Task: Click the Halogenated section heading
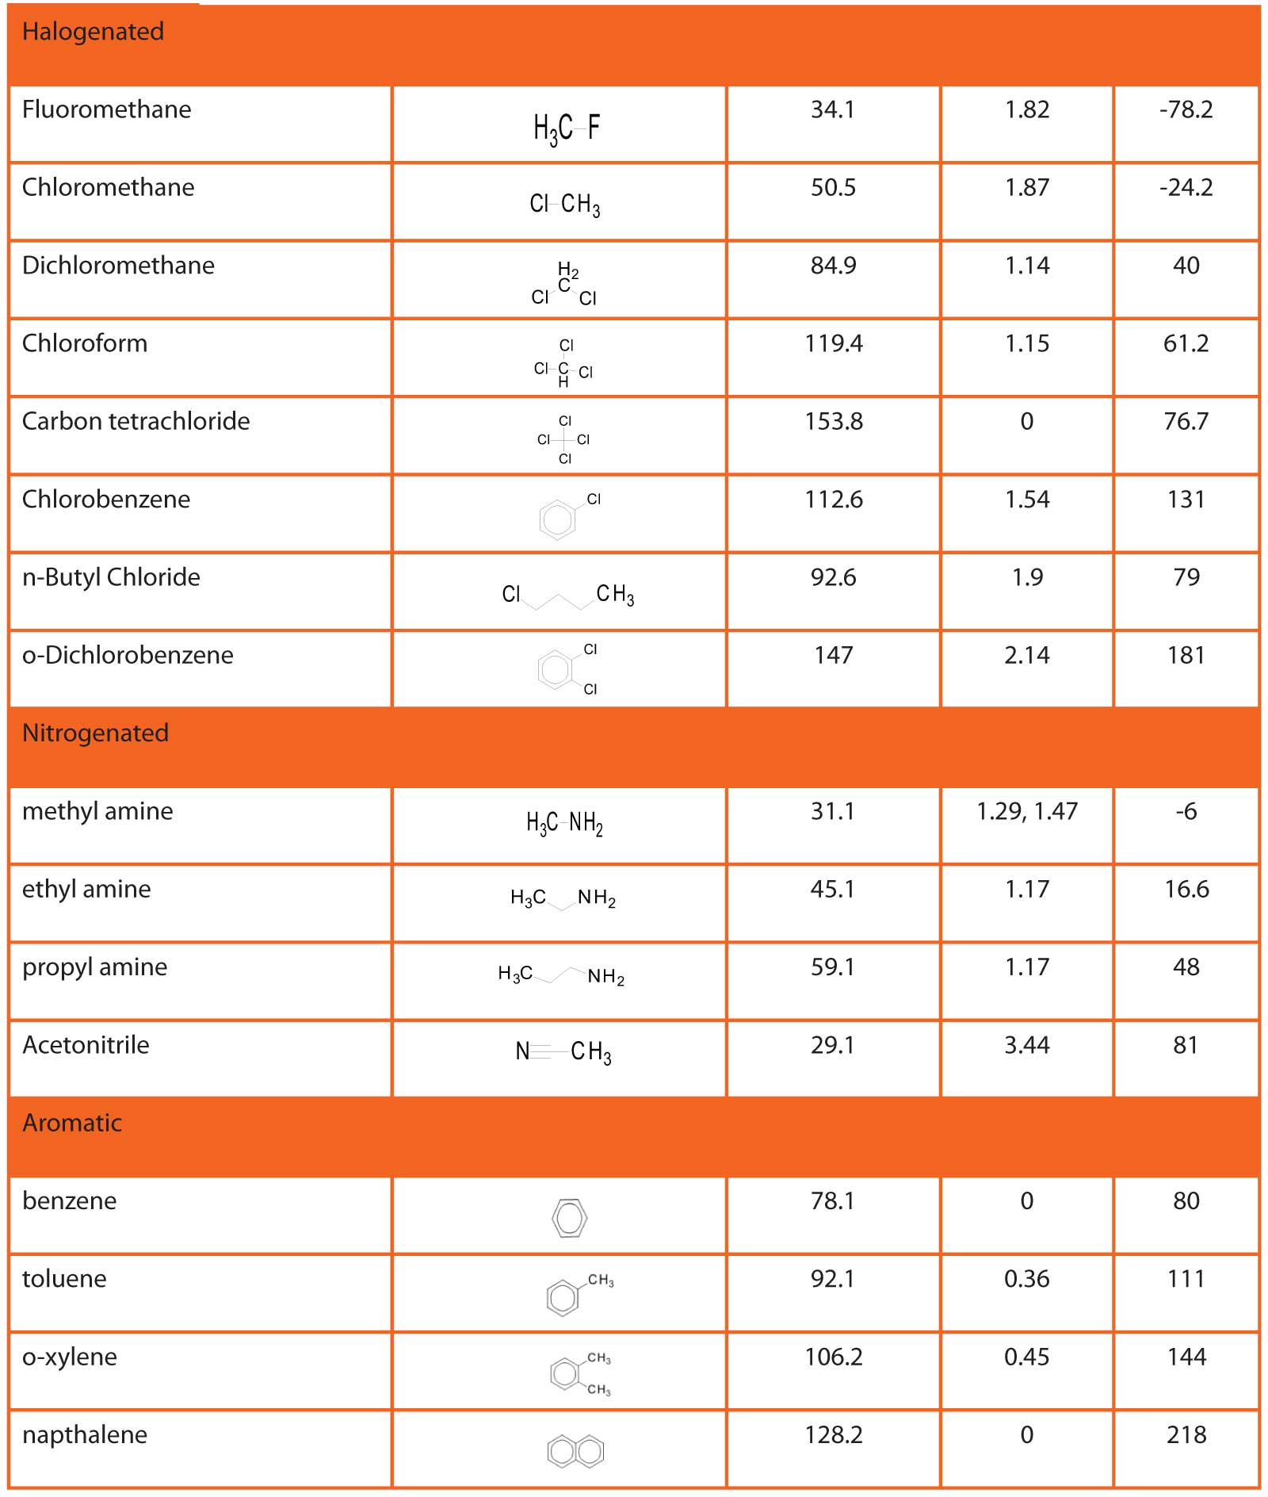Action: click(x=93, y=32)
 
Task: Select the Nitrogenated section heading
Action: click(x=95, y=733)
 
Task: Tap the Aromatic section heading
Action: click(x=72, y=1123)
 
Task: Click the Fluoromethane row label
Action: click(x=106, y=109)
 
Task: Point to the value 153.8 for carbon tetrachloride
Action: click(x=833, y=421)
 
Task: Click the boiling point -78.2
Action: click(x=1186, y=109)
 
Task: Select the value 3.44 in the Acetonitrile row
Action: click(x=1026, y=1045)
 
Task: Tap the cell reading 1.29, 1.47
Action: click(x=1026, y=811)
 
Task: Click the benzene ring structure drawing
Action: click(x=569, y=1218)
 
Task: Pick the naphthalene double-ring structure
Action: click(x=575, y=1451)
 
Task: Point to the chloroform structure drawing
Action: click(x=563, y=363)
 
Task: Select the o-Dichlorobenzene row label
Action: click(x=128, y=655)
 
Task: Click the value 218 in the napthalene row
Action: click(x=1186, y=1434)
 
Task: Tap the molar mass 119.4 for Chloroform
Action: click(x=833, y=343)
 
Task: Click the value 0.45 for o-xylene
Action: click(x=1026, y=1357)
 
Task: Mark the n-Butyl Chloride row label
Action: click(x=111, y=577)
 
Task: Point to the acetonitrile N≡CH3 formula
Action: click(x=563, y=1051)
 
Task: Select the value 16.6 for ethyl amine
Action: click(x=1186, y=889)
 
